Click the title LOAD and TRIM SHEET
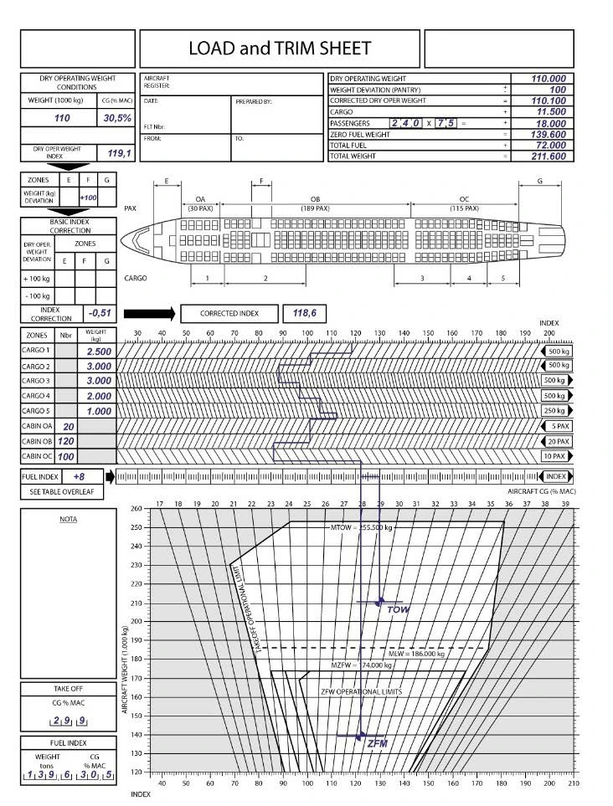[280, 49]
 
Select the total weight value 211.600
[548, 156]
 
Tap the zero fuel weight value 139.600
[548, 134]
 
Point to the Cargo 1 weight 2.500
[99, 352]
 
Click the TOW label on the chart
[399, 610]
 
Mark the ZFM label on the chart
[378, 743]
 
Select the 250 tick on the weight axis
[137, 527]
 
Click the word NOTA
[68, 519]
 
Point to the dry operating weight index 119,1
[119, 153]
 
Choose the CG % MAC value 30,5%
[117, 119]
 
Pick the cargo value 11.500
[548, 111]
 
